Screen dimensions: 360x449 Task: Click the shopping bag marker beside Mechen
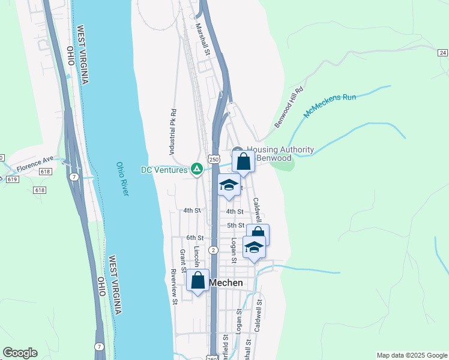point(197,280)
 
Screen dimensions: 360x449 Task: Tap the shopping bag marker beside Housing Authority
point(243,161)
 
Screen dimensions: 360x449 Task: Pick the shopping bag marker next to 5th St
point(258,234)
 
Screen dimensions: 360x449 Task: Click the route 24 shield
point(443,53)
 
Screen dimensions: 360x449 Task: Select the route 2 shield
point(213,250)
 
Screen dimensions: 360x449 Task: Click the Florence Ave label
point(35,163)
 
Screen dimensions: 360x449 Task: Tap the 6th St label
point(195,238)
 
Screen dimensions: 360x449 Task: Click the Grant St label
point(182,257)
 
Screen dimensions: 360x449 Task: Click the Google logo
point(20,353)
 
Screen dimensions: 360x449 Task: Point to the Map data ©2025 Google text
point(411,355)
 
